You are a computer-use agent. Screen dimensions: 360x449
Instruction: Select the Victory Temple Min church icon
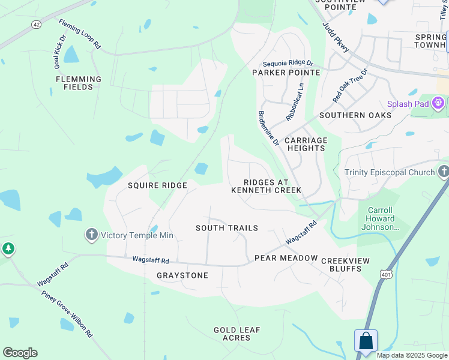coord(91,235)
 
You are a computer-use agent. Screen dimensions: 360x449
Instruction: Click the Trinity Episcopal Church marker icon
coord(443,172)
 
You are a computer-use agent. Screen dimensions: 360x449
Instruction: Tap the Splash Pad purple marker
coord(439,103)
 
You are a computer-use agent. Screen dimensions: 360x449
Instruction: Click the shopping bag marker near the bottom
coord(366,341)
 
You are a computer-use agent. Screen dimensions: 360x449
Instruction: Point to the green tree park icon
coord(8,248)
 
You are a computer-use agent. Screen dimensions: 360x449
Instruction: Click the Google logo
coord(20,353)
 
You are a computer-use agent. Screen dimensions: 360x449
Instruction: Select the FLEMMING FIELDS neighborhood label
coord(79,83)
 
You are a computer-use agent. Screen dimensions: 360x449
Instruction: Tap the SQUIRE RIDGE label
coord(157,185)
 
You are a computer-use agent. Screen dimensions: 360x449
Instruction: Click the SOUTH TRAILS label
coord(227,228)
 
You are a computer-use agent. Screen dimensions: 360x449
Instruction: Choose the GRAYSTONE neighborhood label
coord(182,275)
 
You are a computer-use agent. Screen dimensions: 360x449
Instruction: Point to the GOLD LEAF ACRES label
coord(237,334)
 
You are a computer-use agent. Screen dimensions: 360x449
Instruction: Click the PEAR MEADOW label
coord(286,258)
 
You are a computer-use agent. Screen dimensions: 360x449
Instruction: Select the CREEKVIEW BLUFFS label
coord(345,265)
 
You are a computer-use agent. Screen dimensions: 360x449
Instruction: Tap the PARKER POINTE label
coord(286,72)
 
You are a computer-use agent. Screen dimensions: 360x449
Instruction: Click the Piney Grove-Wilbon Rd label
coord(67,313)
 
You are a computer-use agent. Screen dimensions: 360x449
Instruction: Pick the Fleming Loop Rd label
coord(80,34)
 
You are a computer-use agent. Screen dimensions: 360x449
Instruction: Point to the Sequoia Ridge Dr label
coord(288,63)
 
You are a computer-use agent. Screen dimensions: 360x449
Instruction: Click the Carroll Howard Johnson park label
coord(379,218)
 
